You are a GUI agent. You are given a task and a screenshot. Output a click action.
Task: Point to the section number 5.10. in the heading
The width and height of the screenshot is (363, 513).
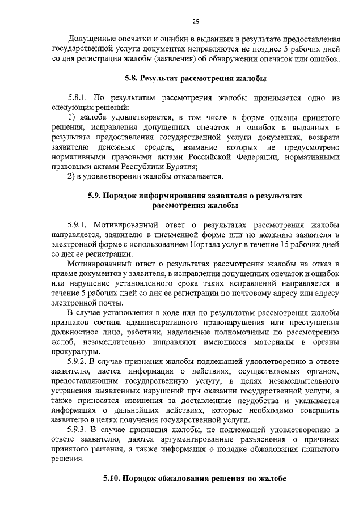[x=112, y=478]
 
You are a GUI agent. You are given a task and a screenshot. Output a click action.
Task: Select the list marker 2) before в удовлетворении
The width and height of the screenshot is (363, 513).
[x=71, y=176]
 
